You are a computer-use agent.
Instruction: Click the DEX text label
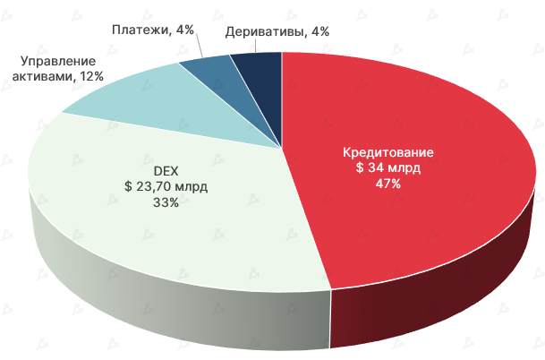pos(166,170)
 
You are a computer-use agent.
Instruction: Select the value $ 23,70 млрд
pos(166,186)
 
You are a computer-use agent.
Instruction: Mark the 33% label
pos(166,202)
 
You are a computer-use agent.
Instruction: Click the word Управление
pos(57,61)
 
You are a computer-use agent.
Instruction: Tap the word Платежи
pos(141,30)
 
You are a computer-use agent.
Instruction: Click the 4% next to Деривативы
pos(318,31)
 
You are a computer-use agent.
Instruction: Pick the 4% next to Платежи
pos(185,30)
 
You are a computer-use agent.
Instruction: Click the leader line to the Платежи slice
pos(200,49)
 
